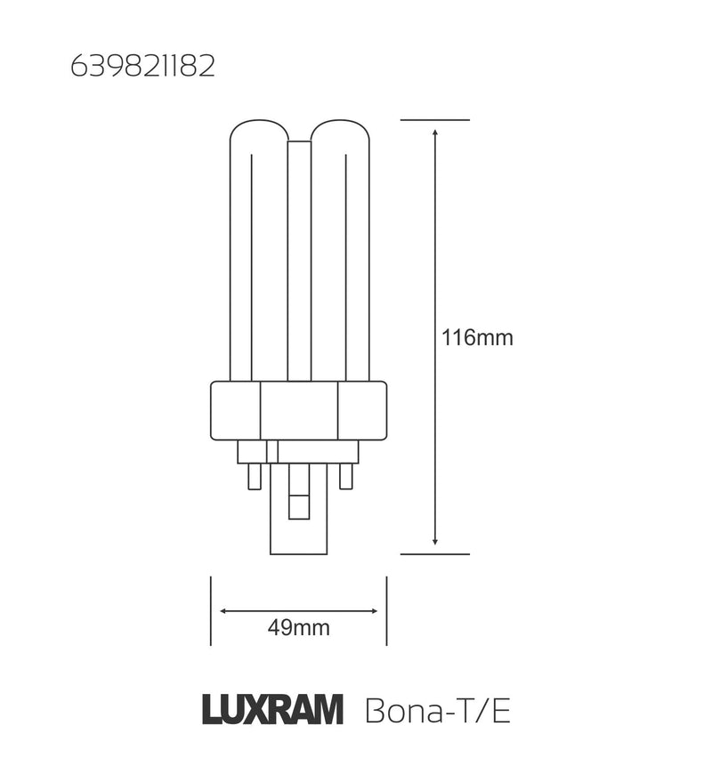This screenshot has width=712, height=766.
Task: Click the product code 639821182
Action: (142, 69)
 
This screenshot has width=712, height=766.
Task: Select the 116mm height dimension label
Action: (477, 338)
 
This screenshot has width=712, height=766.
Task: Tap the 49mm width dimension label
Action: (298, 628)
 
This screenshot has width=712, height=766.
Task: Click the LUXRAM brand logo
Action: (272, 712)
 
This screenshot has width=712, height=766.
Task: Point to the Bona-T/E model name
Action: (438, 712)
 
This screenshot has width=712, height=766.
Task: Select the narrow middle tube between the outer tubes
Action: (298, 258)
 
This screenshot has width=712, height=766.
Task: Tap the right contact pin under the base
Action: (346, 476)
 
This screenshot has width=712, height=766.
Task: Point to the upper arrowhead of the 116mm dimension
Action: (434, 132)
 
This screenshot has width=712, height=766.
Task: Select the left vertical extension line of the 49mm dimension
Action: (210, 610)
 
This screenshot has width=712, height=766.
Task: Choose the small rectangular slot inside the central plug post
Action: (298, 501)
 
